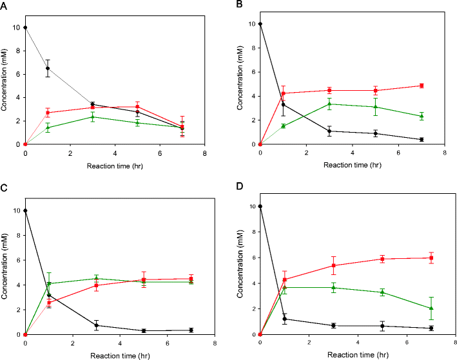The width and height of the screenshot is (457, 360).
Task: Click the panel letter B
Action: [240, 5]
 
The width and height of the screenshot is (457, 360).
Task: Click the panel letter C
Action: [5, 189]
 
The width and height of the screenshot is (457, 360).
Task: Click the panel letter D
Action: [240, 189]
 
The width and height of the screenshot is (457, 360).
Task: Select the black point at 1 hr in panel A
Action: [48, 68]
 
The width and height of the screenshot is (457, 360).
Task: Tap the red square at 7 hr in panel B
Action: [422, 86]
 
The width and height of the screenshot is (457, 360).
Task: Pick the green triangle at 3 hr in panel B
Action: [329, 104]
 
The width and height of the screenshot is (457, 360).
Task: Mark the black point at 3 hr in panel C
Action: [96, 325]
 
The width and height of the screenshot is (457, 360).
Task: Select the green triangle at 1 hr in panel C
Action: [49, 283]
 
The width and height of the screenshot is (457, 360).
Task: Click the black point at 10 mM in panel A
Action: [25, 27]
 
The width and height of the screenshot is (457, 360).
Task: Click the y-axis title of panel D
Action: [242, 270]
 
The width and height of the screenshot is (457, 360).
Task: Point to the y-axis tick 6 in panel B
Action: [253, 72]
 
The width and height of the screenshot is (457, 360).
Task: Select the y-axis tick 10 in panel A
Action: [17, 27]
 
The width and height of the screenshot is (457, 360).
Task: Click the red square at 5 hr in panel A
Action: [137, 106]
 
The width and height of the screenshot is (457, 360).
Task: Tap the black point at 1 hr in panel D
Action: [285, 319]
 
